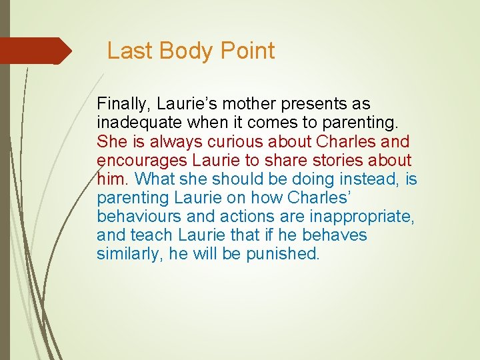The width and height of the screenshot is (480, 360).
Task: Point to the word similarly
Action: pyautogui.click(x=127, y=254)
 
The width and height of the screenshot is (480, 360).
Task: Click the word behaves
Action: pyautogui.click(x=334, y=235)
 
